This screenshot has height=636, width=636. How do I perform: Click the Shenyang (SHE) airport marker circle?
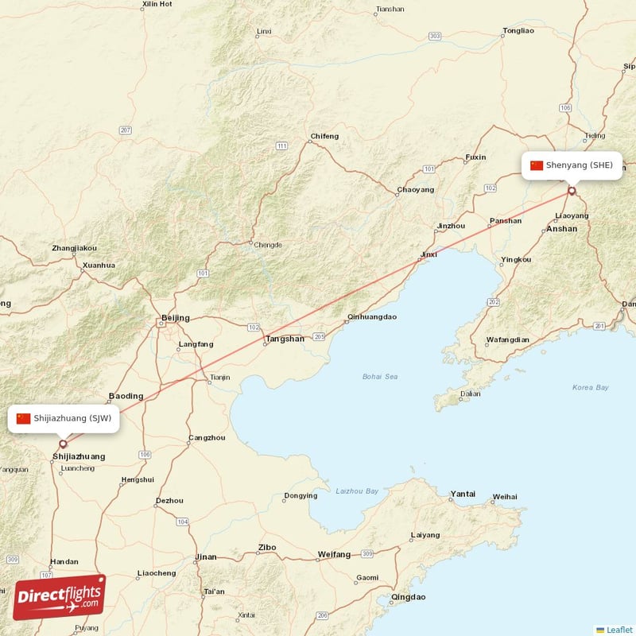coord(571,191)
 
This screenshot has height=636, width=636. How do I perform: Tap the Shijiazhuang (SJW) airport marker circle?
coord(63,444)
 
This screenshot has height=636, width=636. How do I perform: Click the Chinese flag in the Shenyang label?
coord(537,165)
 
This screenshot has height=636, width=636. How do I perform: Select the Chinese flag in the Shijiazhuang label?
coord(24,418)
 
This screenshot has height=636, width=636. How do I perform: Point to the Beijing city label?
coord(175,318)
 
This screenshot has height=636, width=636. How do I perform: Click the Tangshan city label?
coord(284,339)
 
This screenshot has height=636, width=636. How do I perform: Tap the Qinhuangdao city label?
coord(371,316)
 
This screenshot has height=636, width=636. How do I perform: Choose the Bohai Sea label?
coord(379,376)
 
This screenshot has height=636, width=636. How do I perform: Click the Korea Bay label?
coord(590,387)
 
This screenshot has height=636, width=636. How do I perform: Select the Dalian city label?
coord(469,393)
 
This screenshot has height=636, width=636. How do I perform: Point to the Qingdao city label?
coord(409,596)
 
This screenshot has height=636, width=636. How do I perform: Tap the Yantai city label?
coord(462,494)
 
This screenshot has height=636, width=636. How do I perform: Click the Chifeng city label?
coord(324,136)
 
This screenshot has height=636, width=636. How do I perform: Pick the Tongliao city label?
coord(518,31)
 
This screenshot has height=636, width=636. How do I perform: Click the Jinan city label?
coord(205,556)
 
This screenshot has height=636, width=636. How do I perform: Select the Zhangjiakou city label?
coord(74,248)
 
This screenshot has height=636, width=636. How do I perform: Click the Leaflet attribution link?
coord(619,630)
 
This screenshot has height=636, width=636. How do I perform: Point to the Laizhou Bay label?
coord(356,491)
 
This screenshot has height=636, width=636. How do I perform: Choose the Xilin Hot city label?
coord(156,4)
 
